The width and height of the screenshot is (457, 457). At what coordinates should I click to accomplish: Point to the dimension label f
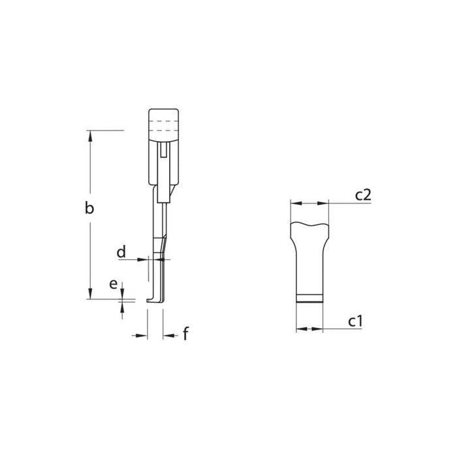(185, 334)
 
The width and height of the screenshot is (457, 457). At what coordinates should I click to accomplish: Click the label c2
(363, 194)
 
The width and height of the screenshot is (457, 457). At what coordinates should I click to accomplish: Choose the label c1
(355, 321)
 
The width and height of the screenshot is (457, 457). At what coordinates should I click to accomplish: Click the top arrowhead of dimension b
(90, 134)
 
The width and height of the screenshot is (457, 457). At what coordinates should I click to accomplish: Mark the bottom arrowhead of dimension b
(90, 296)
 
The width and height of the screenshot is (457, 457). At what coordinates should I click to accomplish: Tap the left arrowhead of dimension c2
(294, 203)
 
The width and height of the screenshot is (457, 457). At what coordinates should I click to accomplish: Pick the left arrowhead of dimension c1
(300, 329)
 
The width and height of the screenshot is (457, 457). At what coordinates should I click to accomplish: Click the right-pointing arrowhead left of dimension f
(144, 335)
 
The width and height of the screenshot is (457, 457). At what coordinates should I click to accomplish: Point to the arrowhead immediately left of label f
(167, 335)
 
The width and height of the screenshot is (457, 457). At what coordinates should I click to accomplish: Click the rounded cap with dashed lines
(163, 123)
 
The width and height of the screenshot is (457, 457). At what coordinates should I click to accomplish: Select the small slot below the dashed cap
(163, 151)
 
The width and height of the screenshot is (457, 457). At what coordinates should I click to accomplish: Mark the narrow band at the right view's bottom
(309, 299)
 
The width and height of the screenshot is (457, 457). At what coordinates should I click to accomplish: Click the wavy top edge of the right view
(309, 225)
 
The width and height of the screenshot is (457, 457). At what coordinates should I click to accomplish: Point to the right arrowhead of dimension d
(166, 259)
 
